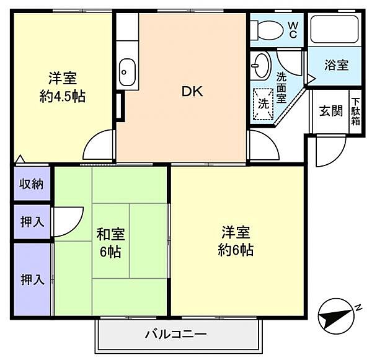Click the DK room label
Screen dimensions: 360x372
pyautogui.click(x=192, y=92)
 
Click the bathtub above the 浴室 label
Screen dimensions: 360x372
pyautogui.click(x=335, y=29)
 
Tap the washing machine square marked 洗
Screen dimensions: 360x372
pyautogui.click(x=263, y=103)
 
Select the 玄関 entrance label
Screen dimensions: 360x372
pyautogui.click(x=330, y=111)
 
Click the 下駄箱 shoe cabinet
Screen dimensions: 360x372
pyautogui.click(x=356, y=112)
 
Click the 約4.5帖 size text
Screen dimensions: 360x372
pyautogui.click(x=61, y=97)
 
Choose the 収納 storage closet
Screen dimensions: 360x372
pyautogui.click(x=30, y=183)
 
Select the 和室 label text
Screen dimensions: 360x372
pyautogui.click(x=110, y=235)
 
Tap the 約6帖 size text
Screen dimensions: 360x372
pyautogui.click(x=236, y=251)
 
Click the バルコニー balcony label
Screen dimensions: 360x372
pyautogui.click(x=176, y=335)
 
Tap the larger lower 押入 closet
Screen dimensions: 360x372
pyautogui.click(x=32, y=279)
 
